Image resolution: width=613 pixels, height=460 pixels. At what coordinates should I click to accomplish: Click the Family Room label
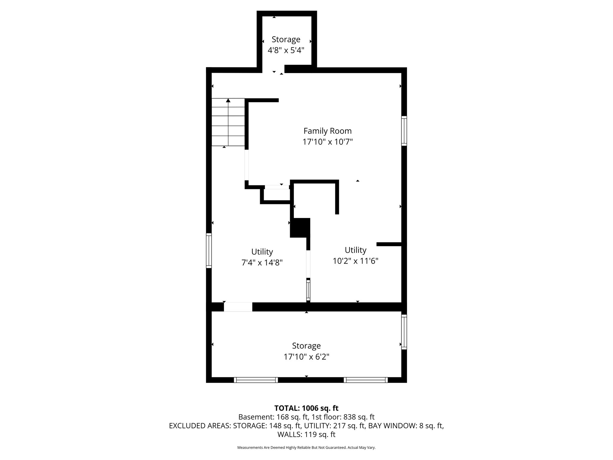[327, 131]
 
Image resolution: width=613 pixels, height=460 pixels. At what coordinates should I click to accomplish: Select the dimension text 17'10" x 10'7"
[327, 142]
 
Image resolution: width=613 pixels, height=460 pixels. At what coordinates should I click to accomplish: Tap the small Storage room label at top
[286, 39]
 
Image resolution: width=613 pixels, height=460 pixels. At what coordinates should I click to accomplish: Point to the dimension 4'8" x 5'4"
[286, 50]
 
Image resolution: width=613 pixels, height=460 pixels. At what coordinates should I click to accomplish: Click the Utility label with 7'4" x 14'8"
[262, 252]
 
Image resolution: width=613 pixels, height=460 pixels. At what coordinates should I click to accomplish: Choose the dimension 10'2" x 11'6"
[356, 261]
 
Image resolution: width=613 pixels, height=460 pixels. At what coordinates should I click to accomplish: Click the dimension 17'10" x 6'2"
[306, 357]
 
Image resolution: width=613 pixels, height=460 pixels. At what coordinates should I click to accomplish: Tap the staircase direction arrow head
[228, 100]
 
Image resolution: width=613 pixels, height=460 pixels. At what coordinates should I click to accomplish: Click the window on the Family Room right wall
[404, 131]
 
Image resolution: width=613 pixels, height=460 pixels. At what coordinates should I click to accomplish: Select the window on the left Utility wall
[209, 250]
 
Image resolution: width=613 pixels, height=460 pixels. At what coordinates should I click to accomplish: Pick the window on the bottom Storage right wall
[404, 332]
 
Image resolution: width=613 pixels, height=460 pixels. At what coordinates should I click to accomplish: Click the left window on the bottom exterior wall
[256, 380]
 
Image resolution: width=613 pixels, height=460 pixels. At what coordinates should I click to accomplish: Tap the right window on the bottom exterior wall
[365, 380]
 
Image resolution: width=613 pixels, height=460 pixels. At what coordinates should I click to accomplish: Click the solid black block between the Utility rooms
[300, 228]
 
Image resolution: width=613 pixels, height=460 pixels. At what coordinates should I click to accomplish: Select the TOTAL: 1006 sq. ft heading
[306, 408]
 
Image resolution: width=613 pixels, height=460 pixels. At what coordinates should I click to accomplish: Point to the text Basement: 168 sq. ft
[273, 417]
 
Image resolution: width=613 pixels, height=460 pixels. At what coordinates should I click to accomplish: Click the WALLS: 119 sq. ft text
[306, 434]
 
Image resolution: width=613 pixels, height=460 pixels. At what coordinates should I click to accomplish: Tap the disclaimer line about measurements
[306, 447]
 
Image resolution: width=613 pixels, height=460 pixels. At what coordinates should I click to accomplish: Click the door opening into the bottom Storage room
[238, 307]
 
